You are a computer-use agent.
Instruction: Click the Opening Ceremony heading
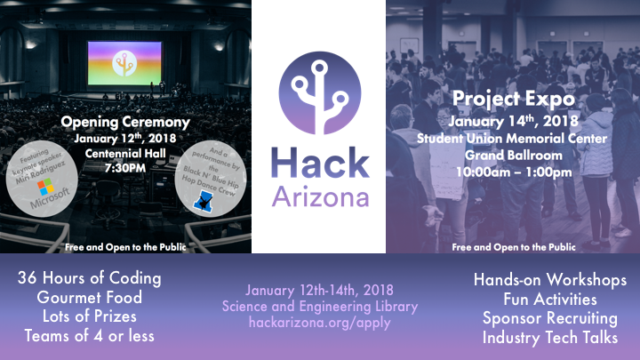(125, 122)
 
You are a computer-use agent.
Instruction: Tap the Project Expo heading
(514, 100)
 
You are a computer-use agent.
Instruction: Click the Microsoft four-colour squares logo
(45, 187)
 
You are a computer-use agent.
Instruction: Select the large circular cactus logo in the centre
(320, 92)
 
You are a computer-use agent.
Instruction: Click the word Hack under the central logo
(320, 164)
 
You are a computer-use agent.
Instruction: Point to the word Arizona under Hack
(320, 197)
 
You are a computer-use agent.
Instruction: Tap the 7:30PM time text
(125, 168)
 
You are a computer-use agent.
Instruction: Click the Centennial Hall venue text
(125, 154)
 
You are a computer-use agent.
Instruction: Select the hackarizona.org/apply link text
(320, 323)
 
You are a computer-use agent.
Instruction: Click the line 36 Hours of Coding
(90, 278)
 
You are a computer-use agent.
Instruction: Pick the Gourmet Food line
(90, 297)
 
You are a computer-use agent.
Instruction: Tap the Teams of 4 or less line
(90, 336)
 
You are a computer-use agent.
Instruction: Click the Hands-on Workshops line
(550, 280)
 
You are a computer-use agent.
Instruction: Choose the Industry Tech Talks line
(550, 338)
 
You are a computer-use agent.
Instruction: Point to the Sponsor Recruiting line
(550, 318)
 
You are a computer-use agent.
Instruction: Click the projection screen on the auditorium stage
(124, 63)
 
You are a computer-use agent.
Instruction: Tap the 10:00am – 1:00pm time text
(514, 172)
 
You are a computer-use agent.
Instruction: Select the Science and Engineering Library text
(320, 307)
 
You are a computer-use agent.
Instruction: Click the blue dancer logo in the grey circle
(204, 201)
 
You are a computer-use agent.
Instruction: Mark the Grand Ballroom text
(514, 155)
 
